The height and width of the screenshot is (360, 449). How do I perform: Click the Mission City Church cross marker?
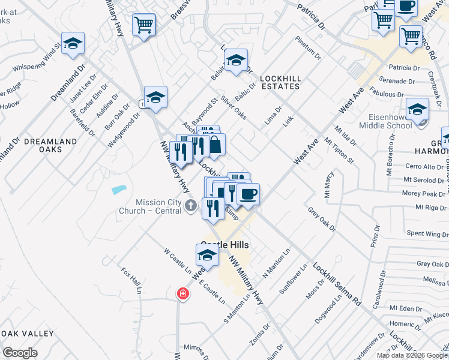pos(191,206)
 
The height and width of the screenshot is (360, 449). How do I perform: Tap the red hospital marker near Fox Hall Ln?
pos(182,294)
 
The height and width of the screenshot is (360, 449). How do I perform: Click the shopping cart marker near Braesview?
pos(144,25)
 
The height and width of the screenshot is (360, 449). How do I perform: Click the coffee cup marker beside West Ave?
pos(248,194)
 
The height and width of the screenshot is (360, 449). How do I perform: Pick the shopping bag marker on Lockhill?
pos(215,144)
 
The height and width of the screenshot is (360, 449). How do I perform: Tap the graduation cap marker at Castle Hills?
pos(208,255)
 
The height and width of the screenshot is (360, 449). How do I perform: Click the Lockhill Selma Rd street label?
pos(337,285)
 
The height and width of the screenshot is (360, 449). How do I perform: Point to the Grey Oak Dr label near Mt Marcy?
pos(322,219)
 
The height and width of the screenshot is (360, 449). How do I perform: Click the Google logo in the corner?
pos(20,353)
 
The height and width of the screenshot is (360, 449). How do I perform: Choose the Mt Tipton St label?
pos(339,151)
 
